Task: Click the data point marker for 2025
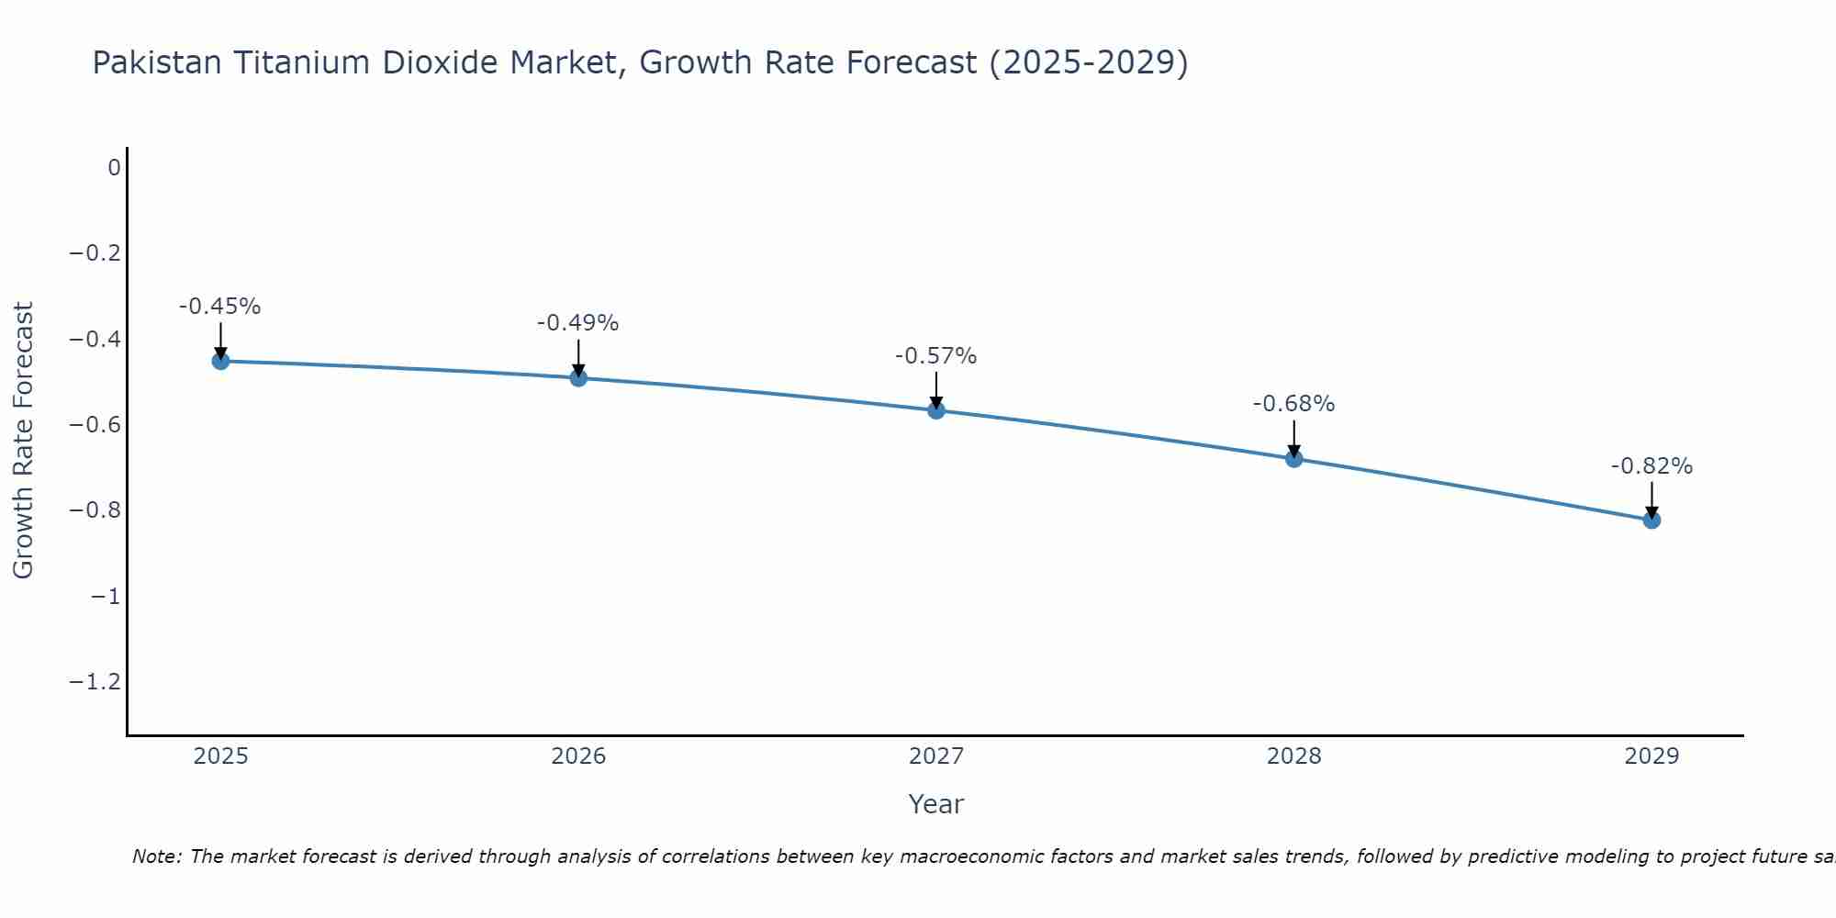point(220,361)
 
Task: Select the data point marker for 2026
point(578,377)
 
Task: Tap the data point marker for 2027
point(936,410)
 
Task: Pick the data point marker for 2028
point(1293,458)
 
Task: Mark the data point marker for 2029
point(1651,520)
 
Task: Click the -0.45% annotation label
point(220,307)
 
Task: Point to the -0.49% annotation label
point(578,323)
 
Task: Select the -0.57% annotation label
point(936,356)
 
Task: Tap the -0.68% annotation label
point(1293,404)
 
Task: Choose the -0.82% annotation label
point(1651,466)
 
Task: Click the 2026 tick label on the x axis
point(578,756)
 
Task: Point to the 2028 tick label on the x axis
point(1293,756)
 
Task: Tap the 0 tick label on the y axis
point(114,168)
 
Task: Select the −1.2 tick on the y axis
point(95,682)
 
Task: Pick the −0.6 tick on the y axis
point(95,425)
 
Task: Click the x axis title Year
point(935,805)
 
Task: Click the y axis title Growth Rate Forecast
point(23,441)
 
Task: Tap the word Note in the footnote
point(156,857)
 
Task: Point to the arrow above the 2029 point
point(1651,500)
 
